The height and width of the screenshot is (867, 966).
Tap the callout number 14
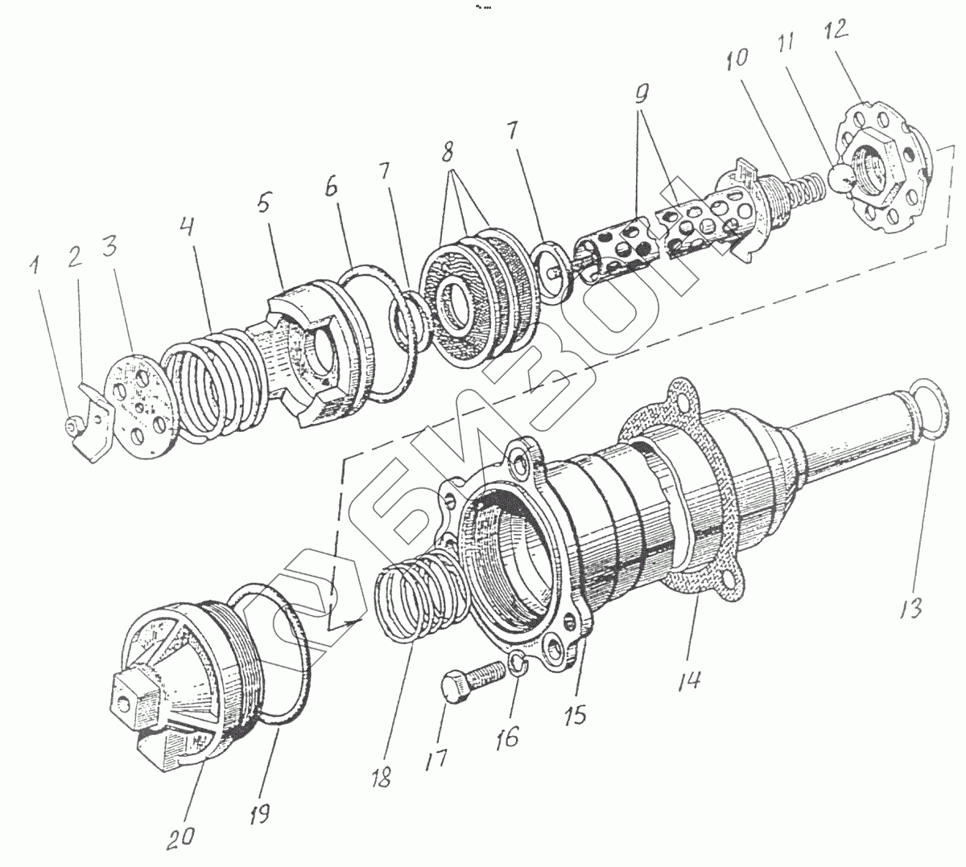click(687, 680)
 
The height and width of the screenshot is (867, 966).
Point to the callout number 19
click(259, 812)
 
